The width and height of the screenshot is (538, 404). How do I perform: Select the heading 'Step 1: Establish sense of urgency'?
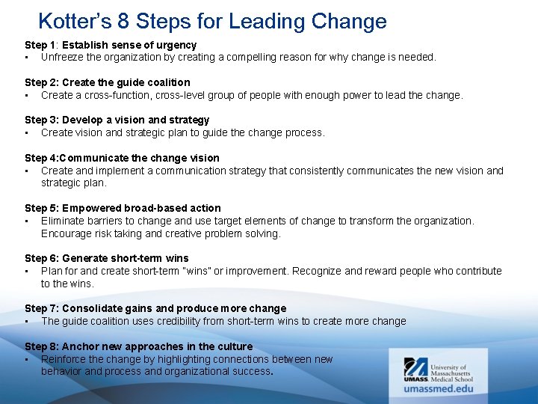pos(111,45)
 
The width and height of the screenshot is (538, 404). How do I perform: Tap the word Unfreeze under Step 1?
pos(64,57)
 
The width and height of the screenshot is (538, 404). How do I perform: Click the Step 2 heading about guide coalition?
pos(108,82)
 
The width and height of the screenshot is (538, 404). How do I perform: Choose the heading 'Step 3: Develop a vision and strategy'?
pos(117,120)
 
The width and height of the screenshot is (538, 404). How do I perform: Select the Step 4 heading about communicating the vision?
pos(122,158)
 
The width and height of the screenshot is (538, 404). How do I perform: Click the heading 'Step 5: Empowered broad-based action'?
pos(123,208)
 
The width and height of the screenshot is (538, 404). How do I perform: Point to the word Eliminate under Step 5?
pos(64,221)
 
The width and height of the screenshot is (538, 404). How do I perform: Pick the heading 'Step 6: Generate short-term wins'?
pos(107,258)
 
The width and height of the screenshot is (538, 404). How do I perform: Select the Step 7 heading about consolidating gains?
pos(155,308)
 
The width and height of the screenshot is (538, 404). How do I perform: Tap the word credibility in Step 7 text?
pos(214,321)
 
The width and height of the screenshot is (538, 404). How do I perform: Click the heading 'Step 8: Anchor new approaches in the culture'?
pos(139,346)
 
